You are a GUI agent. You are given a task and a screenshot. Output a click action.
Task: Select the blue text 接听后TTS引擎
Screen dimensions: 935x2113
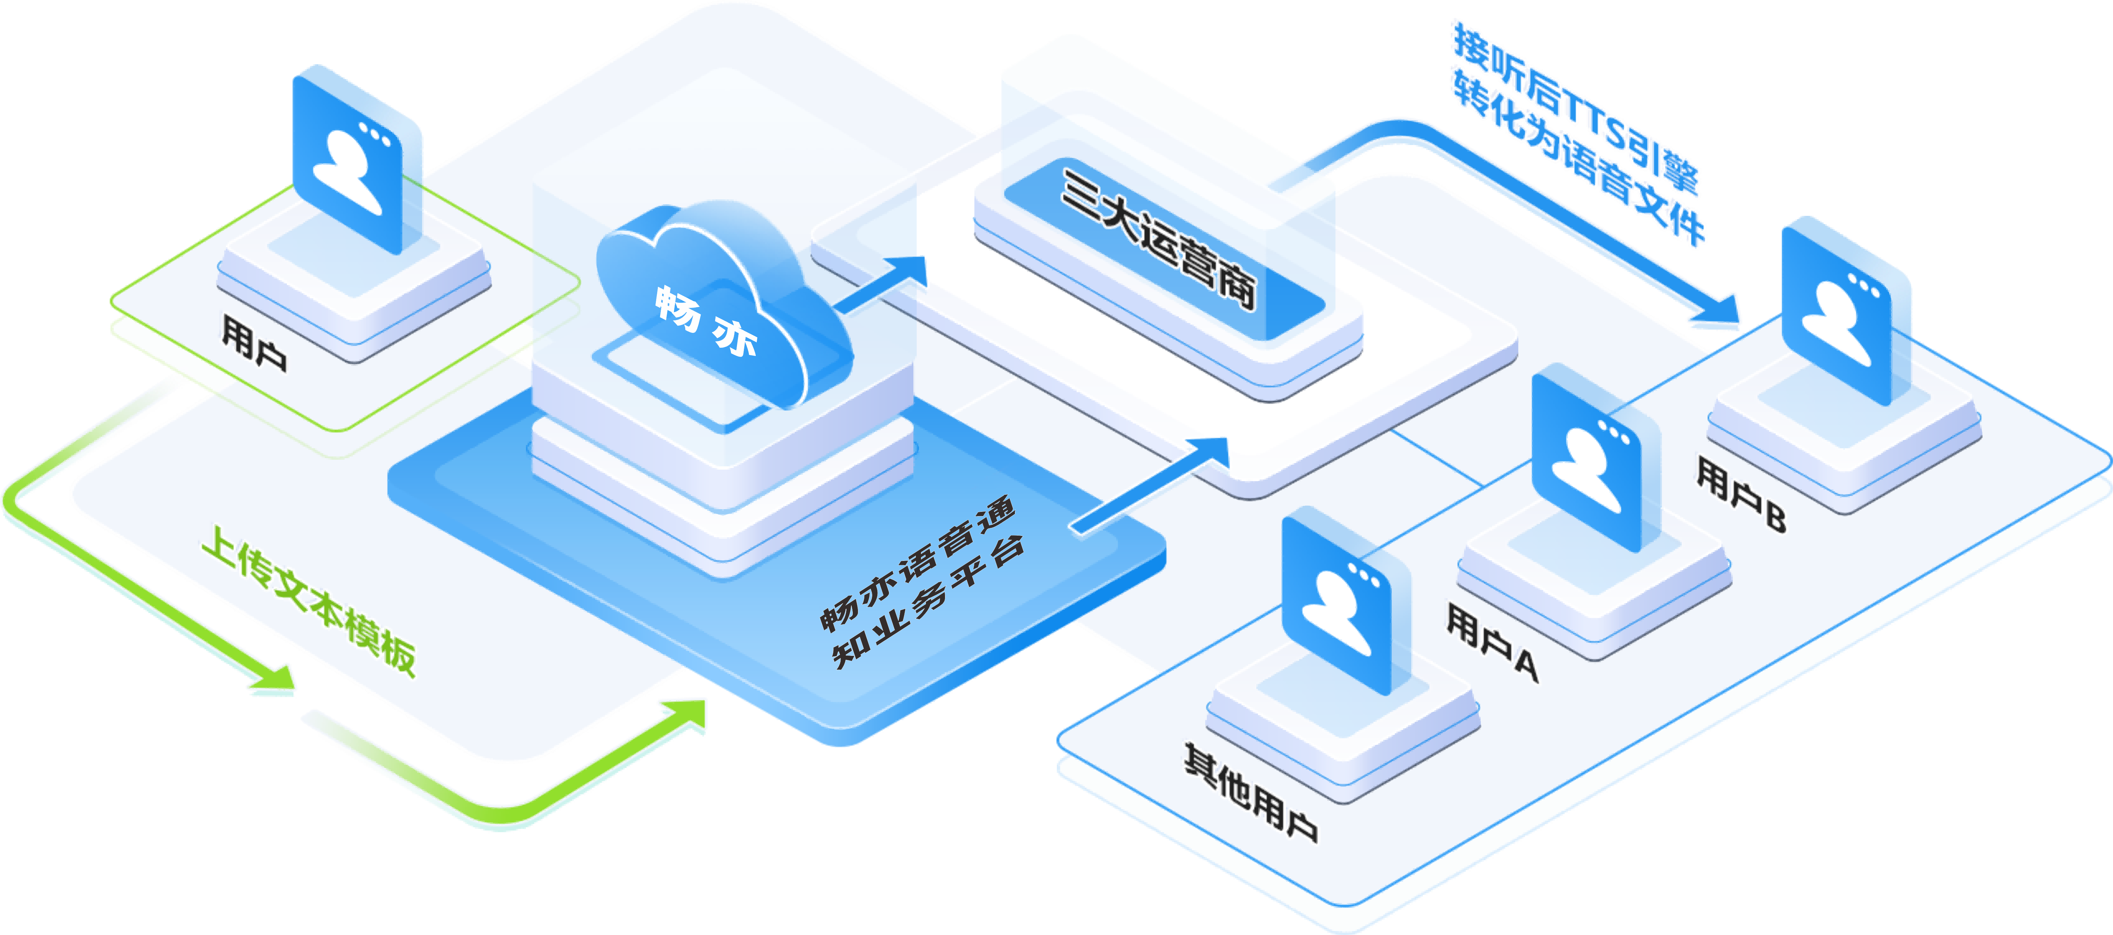click(x=1575, y=107)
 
